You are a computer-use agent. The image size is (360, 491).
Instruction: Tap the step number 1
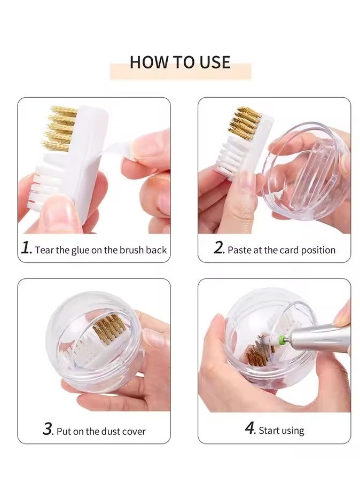[x=26, y=248]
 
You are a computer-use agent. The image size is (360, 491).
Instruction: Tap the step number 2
[x=218, y=248]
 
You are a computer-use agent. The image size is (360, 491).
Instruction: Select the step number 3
[x=48, y=429]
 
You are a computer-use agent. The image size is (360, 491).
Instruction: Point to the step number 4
[x=250, y=428]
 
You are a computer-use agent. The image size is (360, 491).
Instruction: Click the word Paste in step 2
[x=239, y=250]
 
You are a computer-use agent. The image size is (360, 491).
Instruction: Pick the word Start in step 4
[x=269, y=430]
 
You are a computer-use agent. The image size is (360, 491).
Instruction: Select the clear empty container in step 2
[x=304, y=171]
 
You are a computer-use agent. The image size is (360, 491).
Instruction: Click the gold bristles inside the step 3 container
[x=110, y=332]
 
